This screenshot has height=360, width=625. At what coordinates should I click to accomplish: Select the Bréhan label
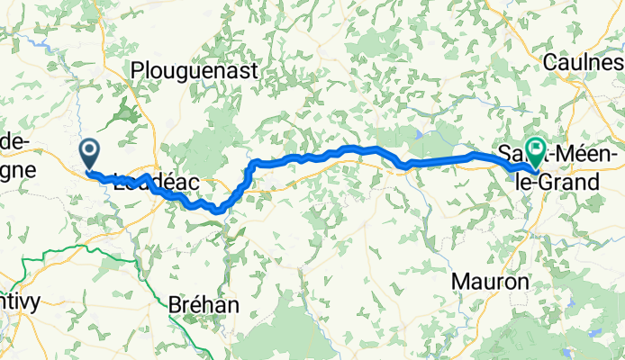204,305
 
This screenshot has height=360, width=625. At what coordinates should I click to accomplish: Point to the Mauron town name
489,282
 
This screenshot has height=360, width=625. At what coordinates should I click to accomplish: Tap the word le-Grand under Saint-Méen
556,183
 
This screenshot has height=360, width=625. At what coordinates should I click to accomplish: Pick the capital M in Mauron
458,282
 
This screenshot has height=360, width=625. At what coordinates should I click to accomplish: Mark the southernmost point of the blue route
216,211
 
